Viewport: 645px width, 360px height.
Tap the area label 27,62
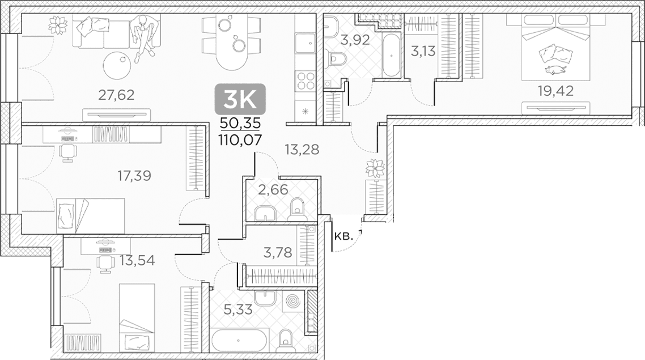pos(116,95)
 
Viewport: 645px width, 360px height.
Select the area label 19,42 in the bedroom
pos(556,91)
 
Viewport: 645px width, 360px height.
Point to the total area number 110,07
pos(241,140)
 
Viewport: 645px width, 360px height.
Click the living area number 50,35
pos(241,123)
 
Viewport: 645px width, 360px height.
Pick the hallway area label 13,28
pos(302,149)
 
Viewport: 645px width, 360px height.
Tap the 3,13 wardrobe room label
pos(423,52)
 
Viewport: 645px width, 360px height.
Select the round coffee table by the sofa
pos(120,65)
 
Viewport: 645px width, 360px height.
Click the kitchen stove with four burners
pos(305,81)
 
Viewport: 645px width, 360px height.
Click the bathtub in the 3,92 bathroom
pos(391,55)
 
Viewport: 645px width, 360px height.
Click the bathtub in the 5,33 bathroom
pos(239,340)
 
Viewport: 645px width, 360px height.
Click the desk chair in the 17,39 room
pos(67,152)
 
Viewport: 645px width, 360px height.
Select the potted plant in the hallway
pos(375,168)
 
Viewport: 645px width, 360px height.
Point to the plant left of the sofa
pos(58,23)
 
